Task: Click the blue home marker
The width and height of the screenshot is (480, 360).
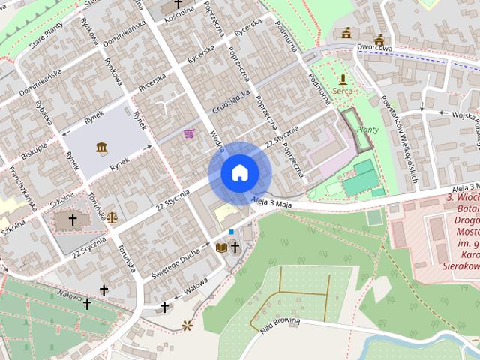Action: tap(239, 173)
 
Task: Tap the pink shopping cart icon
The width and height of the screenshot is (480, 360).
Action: tap(189, 133)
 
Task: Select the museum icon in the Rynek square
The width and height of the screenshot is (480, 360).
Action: tap(101, 147)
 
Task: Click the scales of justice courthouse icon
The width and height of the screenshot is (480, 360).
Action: tap(112, 217)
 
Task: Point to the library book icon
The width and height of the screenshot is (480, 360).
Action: tap(221, 246)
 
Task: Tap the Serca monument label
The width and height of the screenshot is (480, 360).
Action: tap(343, 91)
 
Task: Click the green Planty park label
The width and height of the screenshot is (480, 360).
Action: tap(367, 129)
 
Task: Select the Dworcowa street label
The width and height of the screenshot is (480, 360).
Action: tap(375, 49)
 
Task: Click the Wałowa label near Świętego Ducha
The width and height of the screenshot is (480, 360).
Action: tap(196, 284)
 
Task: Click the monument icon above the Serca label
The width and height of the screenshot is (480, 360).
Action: tap(343, 78)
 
